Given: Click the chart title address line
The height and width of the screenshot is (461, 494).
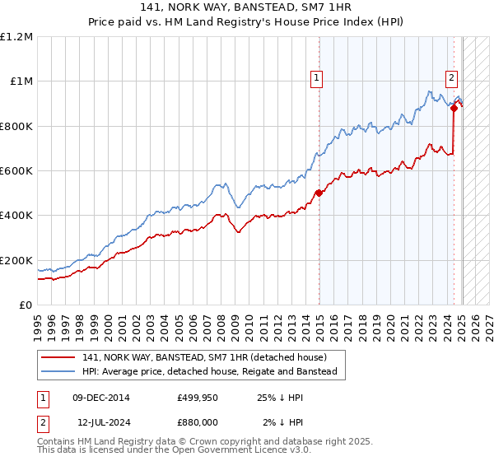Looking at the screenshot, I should click(246, 7).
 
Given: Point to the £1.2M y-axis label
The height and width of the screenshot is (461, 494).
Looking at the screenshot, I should click(16, 37).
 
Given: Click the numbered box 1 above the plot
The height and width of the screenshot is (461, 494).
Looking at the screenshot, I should click(317, 79).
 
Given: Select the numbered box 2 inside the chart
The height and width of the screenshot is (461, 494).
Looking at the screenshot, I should click(452, 79).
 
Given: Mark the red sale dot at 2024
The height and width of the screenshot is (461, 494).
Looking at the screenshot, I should click(454, 108).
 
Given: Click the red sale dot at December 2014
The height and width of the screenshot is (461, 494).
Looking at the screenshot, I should click(318, 193).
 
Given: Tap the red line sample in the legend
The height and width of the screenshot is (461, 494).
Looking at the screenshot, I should click(59, 357).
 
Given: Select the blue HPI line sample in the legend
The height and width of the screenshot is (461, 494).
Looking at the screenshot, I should click(59, 372).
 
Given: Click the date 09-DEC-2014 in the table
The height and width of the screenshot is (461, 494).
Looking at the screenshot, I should click(101, 398).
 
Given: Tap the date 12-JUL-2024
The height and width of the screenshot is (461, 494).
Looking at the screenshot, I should click(101, 421).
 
